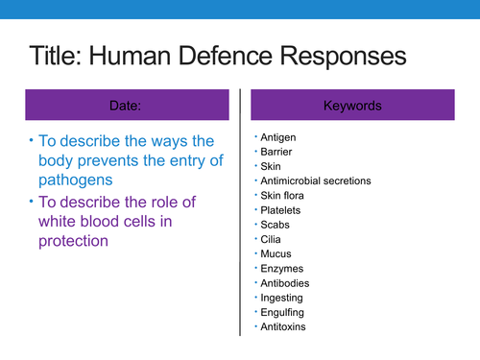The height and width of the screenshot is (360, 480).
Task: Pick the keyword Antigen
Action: pos(276,136)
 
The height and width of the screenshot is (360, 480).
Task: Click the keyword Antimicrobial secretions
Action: pos(315,180)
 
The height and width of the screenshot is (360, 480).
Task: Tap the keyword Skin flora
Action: pos(284,195)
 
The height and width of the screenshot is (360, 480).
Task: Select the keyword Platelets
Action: pos(279,209)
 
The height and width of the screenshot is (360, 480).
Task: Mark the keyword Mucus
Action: pos(276,253)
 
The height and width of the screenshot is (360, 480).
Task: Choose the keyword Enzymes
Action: pos(280,268)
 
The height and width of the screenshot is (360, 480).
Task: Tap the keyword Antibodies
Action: pos(284,283)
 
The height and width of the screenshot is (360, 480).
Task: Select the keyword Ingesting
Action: pos(281,298)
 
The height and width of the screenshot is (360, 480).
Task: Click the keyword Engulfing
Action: pos(282,312)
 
